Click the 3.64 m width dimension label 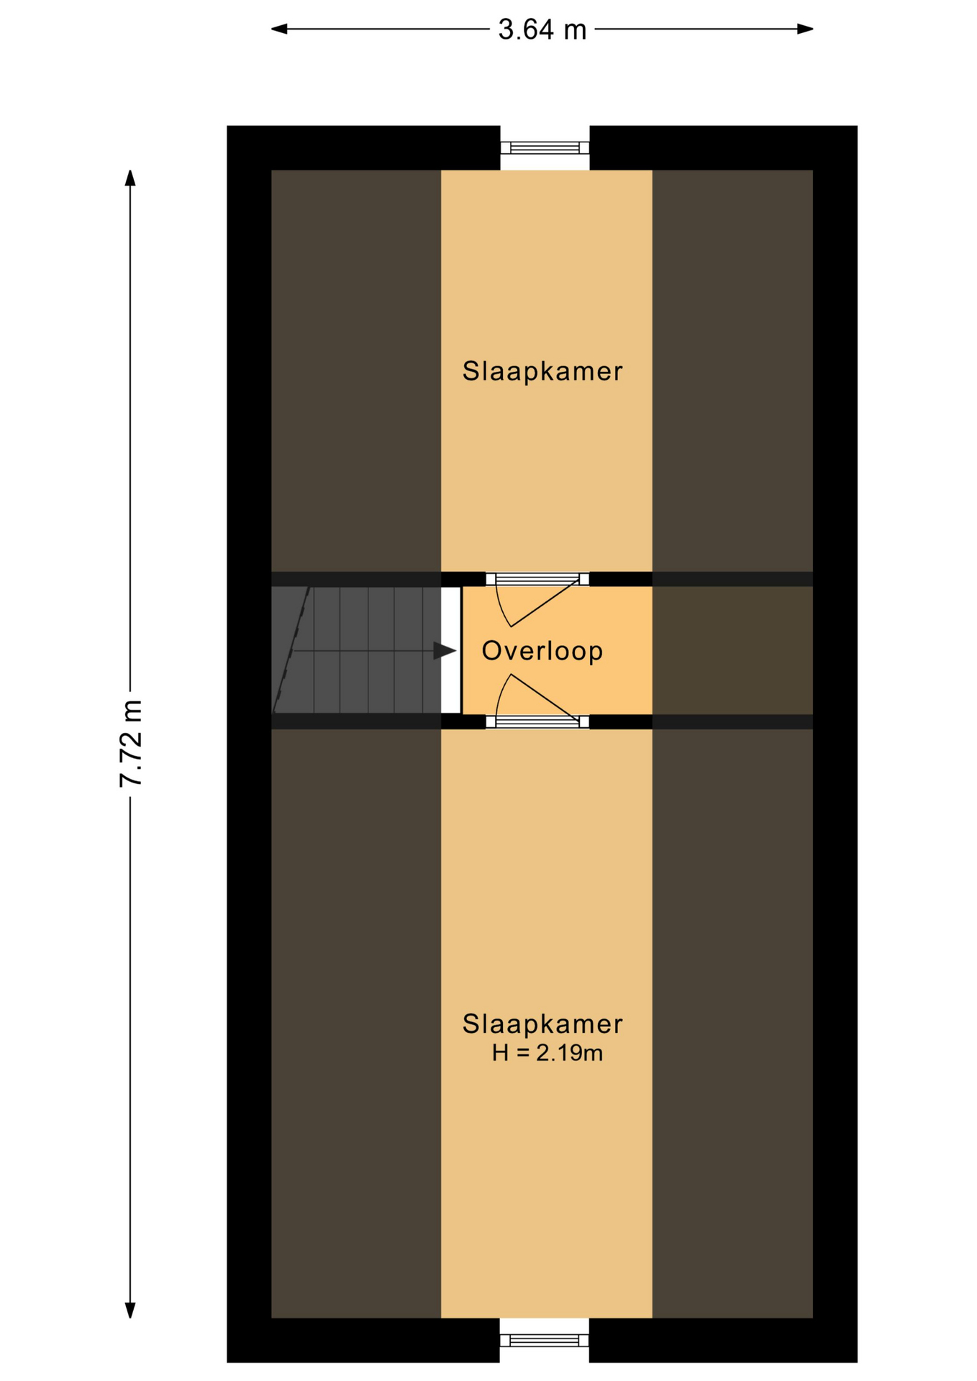pos(542,30)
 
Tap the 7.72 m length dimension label pos(132,743)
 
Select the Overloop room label pos(542,651)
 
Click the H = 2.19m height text pos(547,1053)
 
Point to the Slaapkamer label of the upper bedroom pos(542,371)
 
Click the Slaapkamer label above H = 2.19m pos(542,1024)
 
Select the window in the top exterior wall pos(545,147)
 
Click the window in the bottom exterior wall pos(545,1340)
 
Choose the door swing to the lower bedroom pos(536,696)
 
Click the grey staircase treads pos(356,650)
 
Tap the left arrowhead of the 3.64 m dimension pos(279,29)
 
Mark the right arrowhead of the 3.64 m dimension pos(805,29)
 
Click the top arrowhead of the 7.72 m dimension pos(130,178)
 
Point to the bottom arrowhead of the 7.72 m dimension pos(130,1310)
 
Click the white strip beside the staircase pos(450,650)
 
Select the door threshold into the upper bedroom pos(537,579)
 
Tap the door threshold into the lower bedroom pos(537,721)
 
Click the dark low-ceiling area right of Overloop pos(732,650)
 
